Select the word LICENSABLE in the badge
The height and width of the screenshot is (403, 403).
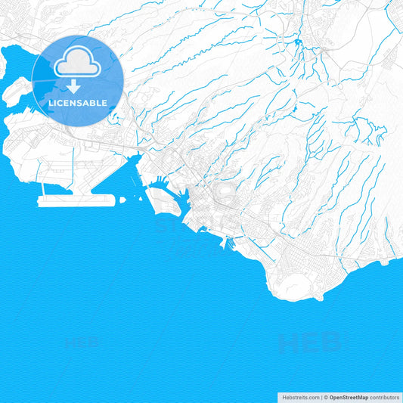[78, 102]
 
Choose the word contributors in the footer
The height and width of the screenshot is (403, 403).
[385, 396]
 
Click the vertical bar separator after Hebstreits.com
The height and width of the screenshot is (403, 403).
[320, 396]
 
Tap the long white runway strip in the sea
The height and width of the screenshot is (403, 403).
[76, 200]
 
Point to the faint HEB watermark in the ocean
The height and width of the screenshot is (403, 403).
[310, 344]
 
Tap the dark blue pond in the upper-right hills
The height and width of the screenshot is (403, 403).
[299, 42]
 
